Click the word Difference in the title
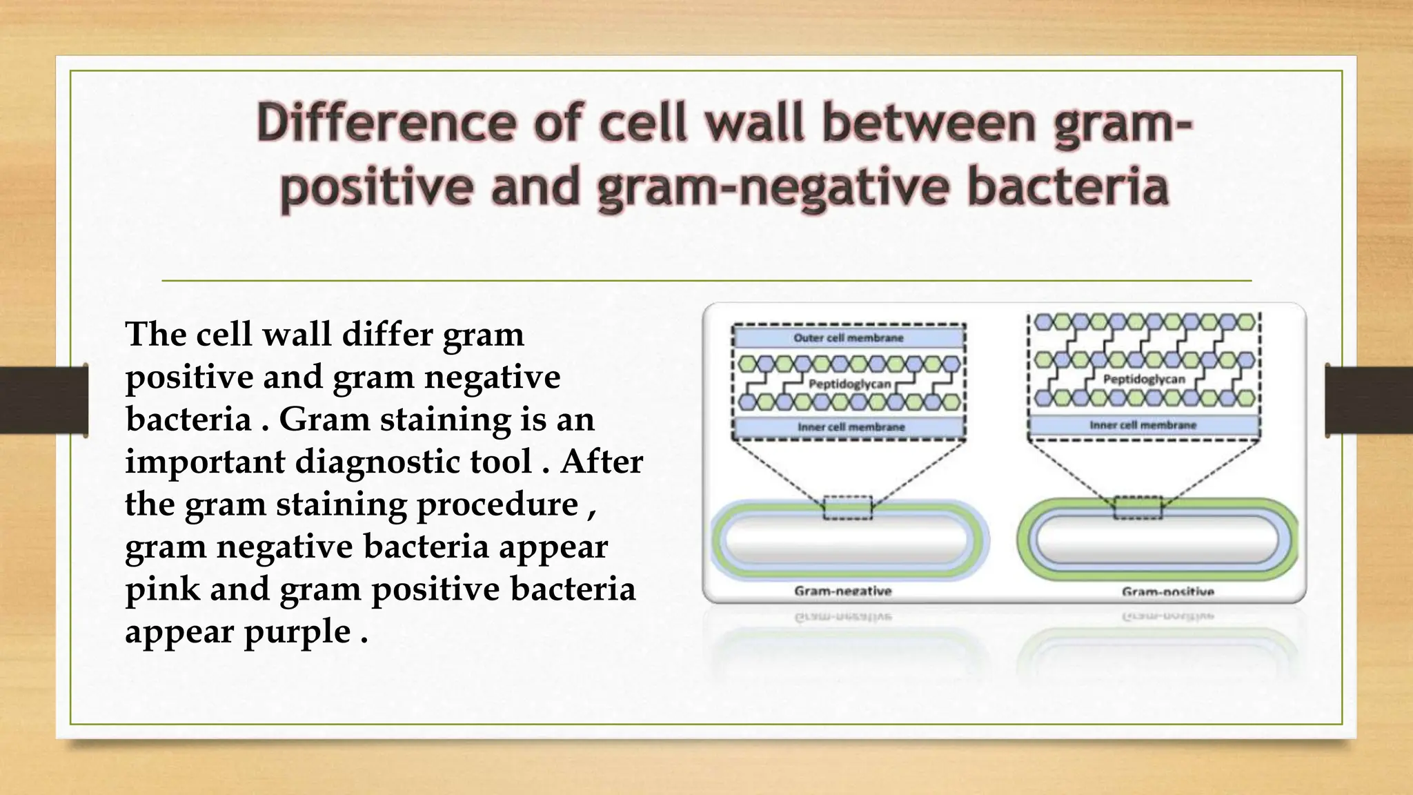(x=386, y=123)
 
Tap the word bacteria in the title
(x=1067, y=188)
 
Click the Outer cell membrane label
(x=848, y=337)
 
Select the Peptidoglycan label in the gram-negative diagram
(x=849, y=384)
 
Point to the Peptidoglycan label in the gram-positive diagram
(x=1143, y=379)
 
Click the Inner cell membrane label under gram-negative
(x=851, y=427)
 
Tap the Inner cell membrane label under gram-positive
(x=1143, y=425)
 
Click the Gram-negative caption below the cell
(x=842, y=591)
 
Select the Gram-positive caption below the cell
(x=1167, y=591)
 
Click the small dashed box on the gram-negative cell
(x=847, y=508)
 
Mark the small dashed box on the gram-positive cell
(x=1138, y=508)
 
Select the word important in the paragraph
(x=204, y=462)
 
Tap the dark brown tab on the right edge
(x=1369, y=400)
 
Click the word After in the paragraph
(x=601, y=462)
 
